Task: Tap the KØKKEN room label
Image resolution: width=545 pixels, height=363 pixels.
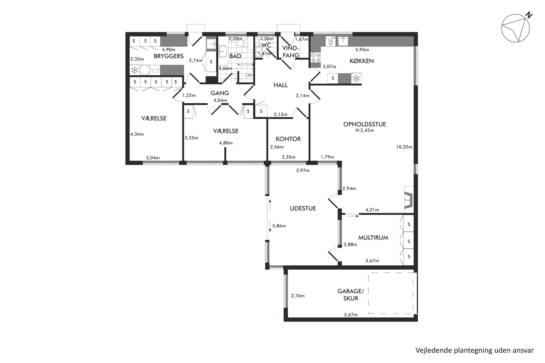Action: [x=362, y=61]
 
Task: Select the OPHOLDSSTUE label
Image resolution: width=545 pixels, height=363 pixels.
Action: [x=365, y=124]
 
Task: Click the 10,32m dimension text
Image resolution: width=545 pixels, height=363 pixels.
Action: [x=404, y=147]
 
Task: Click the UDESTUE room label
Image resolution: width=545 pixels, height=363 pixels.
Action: [x=303, y=208]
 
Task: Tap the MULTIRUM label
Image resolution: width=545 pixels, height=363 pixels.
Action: [x=373, y=238]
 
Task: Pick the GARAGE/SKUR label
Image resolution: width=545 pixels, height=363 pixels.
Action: [x=351, y=295]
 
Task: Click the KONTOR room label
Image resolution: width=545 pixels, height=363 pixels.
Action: [x=288, y=139]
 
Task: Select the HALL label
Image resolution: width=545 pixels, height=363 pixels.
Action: [x=280, y=85]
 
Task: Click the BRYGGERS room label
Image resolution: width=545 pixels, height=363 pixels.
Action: [x=168, y=56]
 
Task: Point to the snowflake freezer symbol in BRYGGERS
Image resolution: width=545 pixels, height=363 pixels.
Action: [x=134, y=70]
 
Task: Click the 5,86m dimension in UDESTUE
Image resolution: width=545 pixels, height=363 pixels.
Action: [x=279, y=226]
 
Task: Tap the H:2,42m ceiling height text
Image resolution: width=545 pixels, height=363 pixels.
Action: [x=365, y=131]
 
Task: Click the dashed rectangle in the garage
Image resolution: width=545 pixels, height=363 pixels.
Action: [x=391, y=293]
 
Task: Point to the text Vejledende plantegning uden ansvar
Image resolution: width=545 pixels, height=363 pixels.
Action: [x=474, y=350]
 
